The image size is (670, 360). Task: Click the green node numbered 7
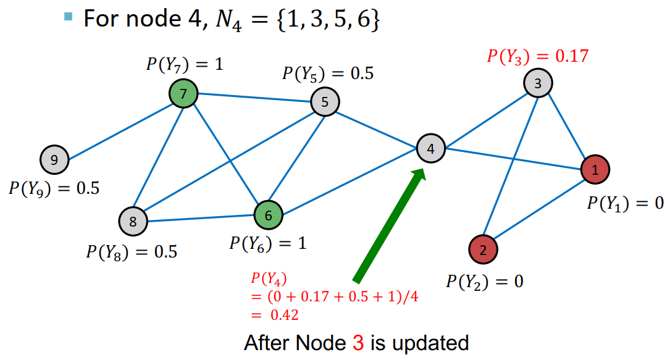pos(183,94)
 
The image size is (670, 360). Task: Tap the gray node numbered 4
pos(430,149)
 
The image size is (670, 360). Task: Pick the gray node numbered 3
pos(538,84)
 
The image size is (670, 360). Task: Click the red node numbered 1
pos(595,169)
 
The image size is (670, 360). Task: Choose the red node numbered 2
pos(483,249)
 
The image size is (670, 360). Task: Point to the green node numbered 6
pos(268,216)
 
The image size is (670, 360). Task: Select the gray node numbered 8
pos(133,220)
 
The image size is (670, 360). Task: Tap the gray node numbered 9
pos(54,161)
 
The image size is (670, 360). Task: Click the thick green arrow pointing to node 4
pos(390,226)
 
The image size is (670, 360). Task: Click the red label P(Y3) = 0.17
pos(537,56)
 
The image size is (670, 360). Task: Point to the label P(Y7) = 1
pos(184,64)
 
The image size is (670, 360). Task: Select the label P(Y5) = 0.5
pos(327,73)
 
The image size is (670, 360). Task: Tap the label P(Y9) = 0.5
pos(54,188)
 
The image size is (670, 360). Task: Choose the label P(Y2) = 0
pos(485,282)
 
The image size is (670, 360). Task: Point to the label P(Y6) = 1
pos(267,243)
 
